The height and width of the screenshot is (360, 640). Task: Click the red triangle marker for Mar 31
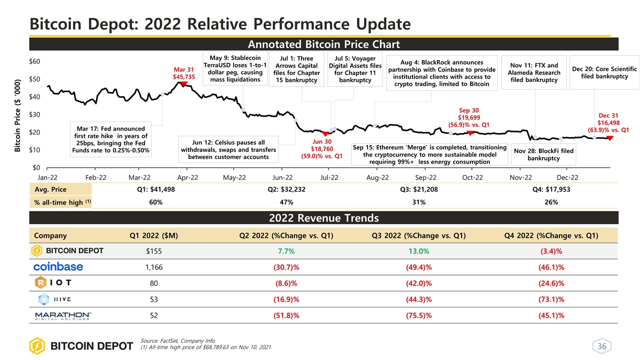click(183, 84)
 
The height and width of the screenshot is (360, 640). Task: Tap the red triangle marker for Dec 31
click(610, 137)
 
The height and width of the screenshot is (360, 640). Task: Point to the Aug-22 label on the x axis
click(377, 177)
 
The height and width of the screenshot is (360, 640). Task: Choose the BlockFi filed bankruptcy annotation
click(542, 154)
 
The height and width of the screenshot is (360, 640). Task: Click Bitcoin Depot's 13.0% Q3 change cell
click(418, 250)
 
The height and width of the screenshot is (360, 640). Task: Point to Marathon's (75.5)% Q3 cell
click(418, 315)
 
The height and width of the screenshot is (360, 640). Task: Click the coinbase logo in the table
click(58, 266)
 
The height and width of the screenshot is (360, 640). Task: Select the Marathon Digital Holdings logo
click(62, 315)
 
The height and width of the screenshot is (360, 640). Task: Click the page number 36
click(601, 346)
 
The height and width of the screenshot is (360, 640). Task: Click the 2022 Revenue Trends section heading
click(324, 218)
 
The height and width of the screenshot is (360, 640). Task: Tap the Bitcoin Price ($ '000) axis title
click(17, 115)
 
